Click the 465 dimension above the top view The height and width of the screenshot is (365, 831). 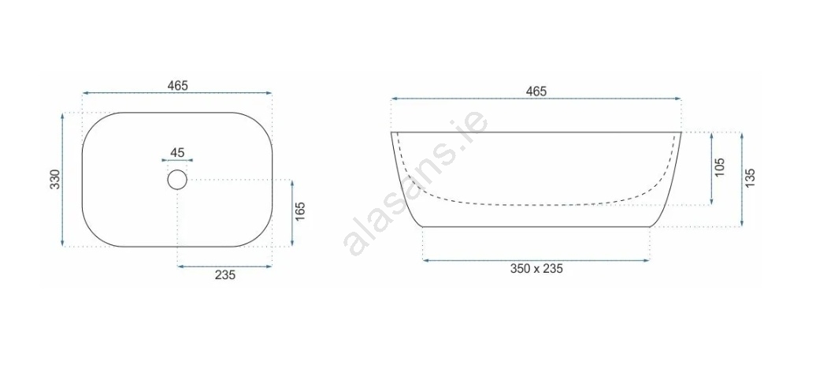pos(177,85)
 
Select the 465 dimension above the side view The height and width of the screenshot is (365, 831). pos(536,91)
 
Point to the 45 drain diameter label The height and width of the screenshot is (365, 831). pos(177,153)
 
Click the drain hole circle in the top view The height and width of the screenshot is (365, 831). pos(177,180)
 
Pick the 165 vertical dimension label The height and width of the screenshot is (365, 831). pos(300,212)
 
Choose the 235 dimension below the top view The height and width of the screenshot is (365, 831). pos(224,274)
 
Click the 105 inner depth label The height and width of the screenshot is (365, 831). pos(719,168)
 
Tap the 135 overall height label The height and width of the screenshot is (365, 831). pos(749,178)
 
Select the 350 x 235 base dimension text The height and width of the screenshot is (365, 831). pos(536,269)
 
